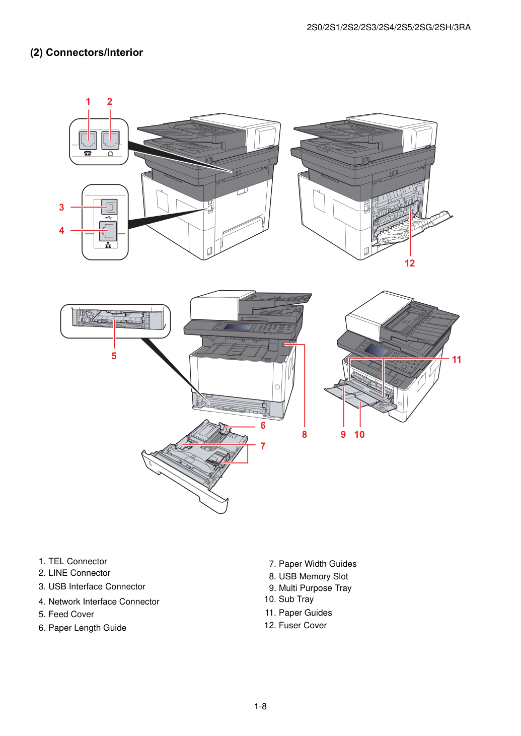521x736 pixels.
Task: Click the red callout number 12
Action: pyautogui.click(x=409, y=263)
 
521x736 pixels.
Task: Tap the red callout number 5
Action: pyautogui.click(x=114, y=356)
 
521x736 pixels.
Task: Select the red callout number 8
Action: pyautogui.click(x=305, y=434)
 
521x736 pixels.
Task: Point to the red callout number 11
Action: pyautogui.click(x=457, y=360)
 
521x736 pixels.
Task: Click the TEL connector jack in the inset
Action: pyautogui.click(x=88, y=141)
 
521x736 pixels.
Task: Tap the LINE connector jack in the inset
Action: pyautogui.click(x=110, y=141)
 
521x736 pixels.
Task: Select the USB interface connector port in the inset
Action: pyautogui.click(x=110, y=208)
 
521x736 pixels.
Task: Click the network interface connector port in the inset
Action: pyautogui.click(x=108, y=231)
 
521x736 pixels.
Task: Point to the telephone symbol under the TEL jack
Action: pyautogui.click(x=88, y=154)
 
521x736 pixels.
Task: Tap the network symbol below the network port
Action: pyautogui.click(x=108, y=245)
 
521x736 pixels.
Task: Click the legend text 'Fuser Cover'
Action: pyautogui.click(x=303, y=625)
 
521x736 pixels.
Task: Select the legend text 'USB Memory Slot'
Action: pyautogui.click(x=313, y=576)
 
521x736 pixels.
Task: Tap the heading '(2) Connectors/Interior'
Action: pyautogui.click(x=87, y=52)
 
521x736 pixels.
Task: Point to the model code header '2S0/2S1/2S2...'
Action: pyautogui.click(x=389, y=27)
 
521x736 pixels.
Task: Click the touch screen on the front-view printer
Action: pyautogui.click(x=237, y=327)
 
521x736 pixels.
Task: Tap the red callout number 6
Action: pyautogui.click(x=263, y=426)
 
